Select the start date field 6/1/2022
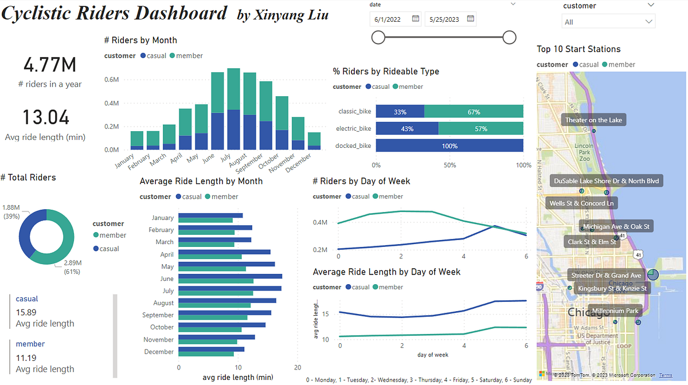(x=389, y=19)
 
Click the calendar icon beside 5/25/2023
(x=470, y=19)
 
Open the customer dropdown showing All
(x=608, y=22)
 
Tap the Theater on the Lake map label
(x=593, y=120)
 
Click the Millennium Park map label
(x=615, y=311)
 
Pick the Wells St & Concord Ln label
(x=581, y=203)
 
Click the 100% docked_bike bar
(x=449, y=146)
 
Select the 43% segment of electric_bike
(x=407, y=129)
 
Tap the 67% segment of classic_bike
(x=474, y=112)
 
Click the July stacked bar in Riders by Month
(x=233, y=109)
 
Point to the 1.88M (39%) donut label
(x=11, y=211)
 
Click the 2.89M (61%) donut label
(x=73, y=267)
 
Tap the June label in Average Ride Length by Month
(x=167, y=278)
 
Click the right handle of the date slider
(x=509, y=38)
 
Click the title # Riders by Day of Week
(x=361, y=181)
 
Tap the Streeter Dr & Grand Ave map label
(x=606, y=276)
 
